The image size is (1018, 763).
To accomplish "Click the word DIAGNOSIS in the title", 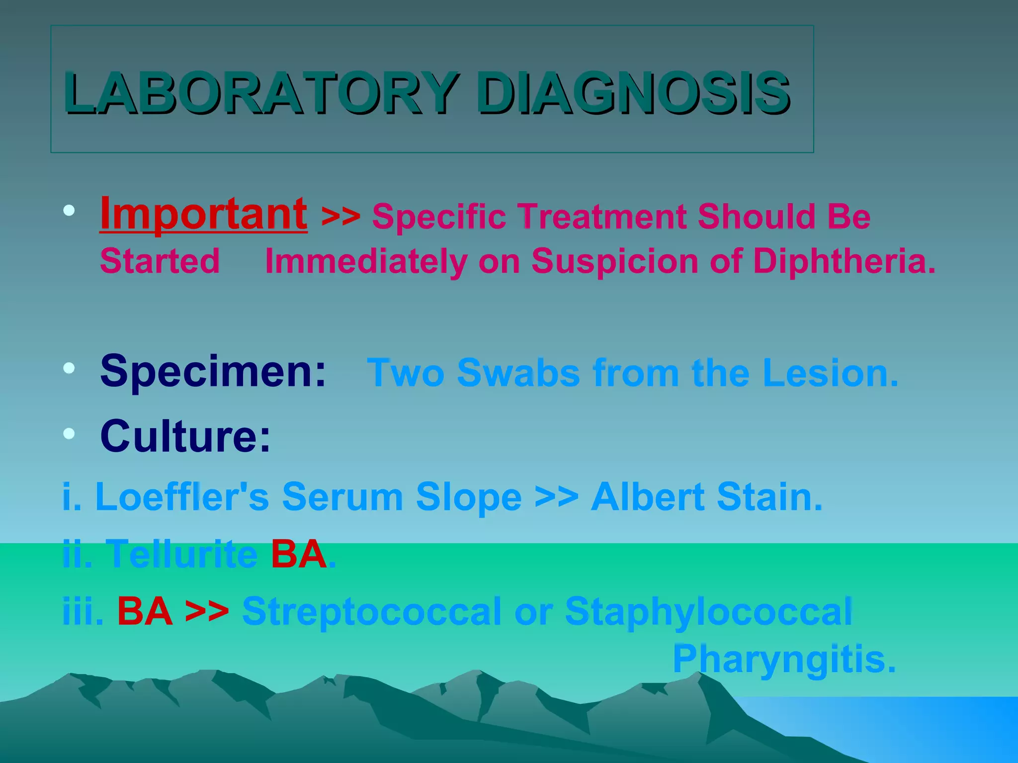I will click(x=632, y=92).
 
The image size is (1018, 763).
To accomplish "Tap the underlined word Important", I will click(x=203, y=214).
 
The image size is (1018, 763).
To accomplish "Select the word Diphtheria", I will click(x=844, y=261).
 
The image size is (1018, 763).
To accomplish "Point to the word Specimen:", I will click(x=213, y=371).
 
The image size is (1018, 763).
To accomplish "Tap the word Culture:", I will click(x=185, y=436).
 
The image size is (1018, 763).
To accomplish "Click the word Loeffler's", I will click(x=181, y=496).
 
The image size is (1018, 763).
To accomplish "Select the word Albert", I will click(x=647, y=496).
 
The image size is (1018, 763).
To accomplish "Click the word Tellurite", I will click(x=181, y=554).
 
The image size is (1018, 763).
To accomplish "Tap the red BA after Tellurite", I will click(x=298, y=554).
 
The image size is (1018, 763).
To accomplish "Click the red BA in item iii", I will click(x=145, y=611).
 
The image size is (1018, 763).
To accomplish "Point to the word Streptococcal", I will click(x=371, y=611).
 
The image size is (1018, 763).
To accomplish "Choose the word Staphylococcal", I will click(x=708, y=611).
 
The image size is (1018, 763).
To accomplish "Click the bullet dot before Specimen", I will click(x=69, y=368).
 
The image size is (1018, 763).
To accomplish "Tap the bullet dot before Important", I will click(x=69, y=210).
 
